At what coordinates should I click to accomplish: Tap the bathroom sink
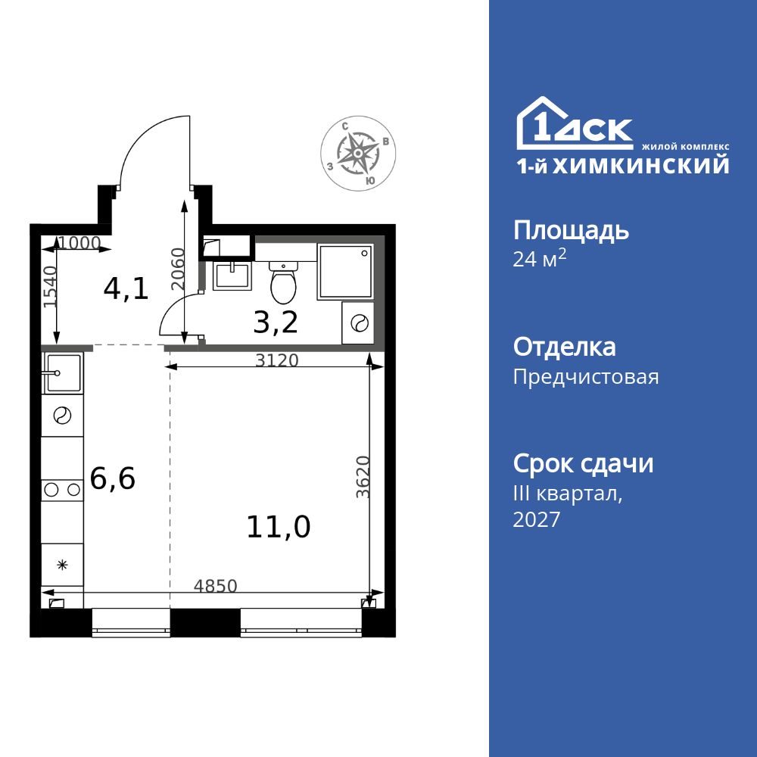click(x=232, y=276)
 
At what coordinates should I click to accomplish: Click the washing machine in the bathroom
click(x=357, y=322)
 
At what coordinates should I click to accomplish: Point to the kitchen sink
click(x=63, y=373)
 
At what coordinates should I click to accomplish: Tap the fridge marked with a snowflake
click(x=63, y=564)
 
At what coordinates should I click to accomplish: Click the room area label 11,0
click(x=278, y=526)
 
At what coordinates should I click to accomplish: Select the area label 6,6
click(x=112, y=478)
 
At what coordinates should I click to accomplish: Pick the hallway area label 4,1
click(x=126, y=288)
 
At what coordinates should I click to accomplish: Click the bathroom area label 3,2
click(x=276, y=322)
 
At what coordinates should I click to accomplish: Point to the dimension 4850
click(x=216, y=585)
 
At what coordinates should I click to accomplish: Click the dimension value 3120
click(x=276, y=360)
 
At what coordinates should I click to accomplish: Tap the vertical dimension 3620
click(x=362, y=477)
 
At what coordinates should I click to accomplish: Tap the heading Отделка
click(x=564, y=347)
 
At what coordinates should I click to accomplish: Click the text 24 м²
click(x=539, y=260)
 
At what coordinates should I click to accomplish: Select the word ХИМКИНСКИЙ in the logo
click(x=641, y=165)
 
